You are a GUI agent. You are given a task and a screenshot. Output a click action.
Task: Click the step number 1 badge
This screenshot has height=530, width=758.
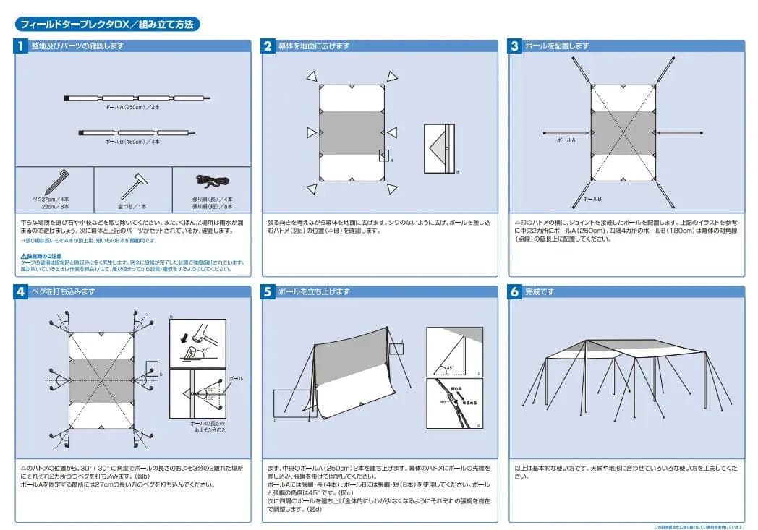[21, 46]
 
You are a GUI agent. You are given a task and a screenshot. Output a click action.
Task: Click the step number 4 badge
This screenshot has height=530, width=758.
[21, 292]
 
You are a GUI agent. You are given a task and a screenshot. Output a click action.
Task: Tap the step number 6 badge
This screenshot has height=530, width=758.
[515, 292]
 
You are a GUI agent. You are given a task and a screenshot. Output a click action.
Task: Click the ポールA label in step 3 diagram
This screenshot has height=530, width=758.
[566, 140]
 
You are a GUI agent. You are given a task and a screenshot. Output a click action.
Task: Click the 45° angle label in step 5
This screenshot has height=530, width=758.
[451, 367]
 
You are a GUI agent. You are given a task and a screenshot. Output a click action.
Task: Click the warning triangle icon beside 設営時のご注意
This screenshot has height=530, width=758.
[23, 257]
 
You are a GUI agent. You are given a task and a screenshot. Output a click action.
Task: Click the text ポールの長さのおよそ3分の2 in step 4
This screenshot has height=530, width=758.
[208, 426]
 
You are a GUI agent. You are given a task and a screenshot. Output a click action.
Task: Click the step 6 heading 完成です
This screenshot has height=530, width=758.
[540, 292]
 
